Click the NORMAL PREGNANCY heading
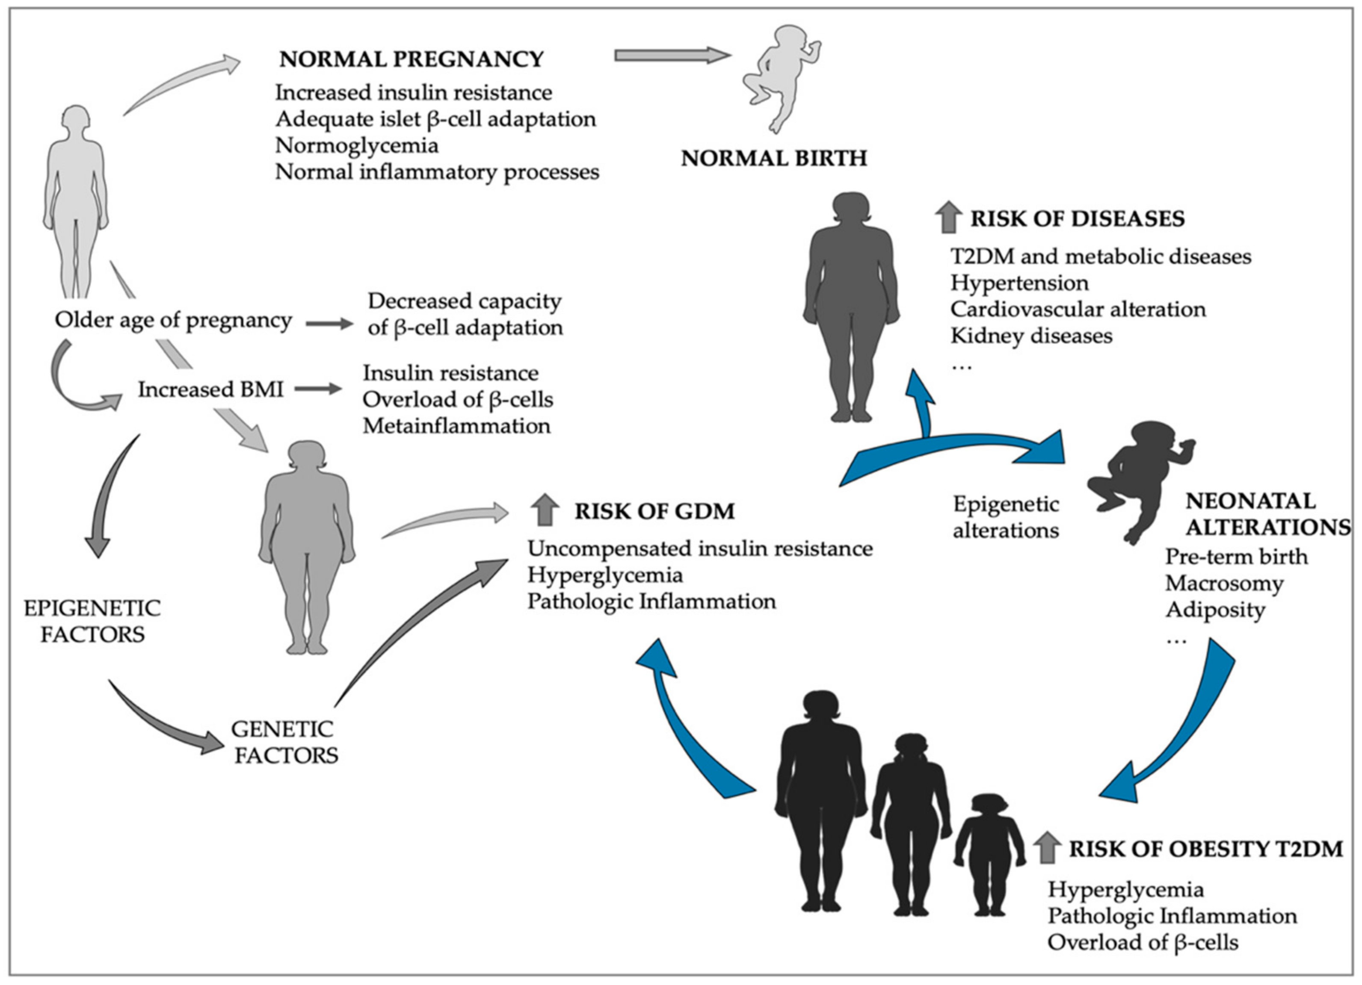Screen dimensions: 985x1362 [412, 59]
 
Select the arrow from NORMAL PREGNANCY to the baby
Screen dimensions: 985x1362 [672, 55]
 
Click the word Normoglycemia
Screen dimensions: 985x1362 [357, 145]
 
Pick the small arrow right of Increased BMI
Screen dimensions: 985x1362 [318, 389]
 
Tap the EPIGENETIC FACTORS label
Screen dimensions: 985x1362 [92, 621]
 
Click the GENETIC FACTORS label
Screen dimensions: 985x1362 [284, 742]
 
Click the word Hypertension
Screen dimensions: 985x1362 [1019, 283]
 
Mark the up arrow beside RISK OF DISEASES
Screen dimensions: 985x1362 [949, 217]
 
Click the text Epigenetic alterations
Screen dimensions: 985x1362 [1006, 517]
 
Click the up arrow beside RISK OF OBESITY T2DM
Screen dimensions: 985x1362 [1047, 848]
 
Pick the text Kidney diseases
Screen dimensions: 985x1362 [1031, 336]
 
